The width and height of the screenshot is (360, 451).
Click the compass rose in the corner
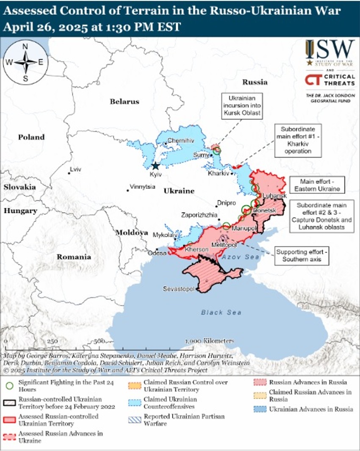25,62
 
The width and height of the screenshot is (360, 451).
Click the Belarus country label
124,102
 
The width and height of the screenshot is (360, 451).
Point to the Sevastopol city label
179,289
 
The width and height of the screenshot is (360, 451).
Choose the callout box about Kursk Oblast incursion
243,105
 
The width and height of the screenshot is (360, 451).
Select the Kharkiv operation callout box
298,140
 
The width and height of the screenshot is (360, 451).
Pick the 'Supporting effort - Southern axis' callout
302,255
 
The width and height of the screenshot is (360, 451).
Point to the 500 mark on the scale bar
99,341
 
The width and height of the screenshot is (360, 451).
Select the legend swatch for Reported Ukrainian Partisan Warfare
134,420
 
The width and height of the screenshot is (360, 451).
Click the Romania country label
74,257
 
